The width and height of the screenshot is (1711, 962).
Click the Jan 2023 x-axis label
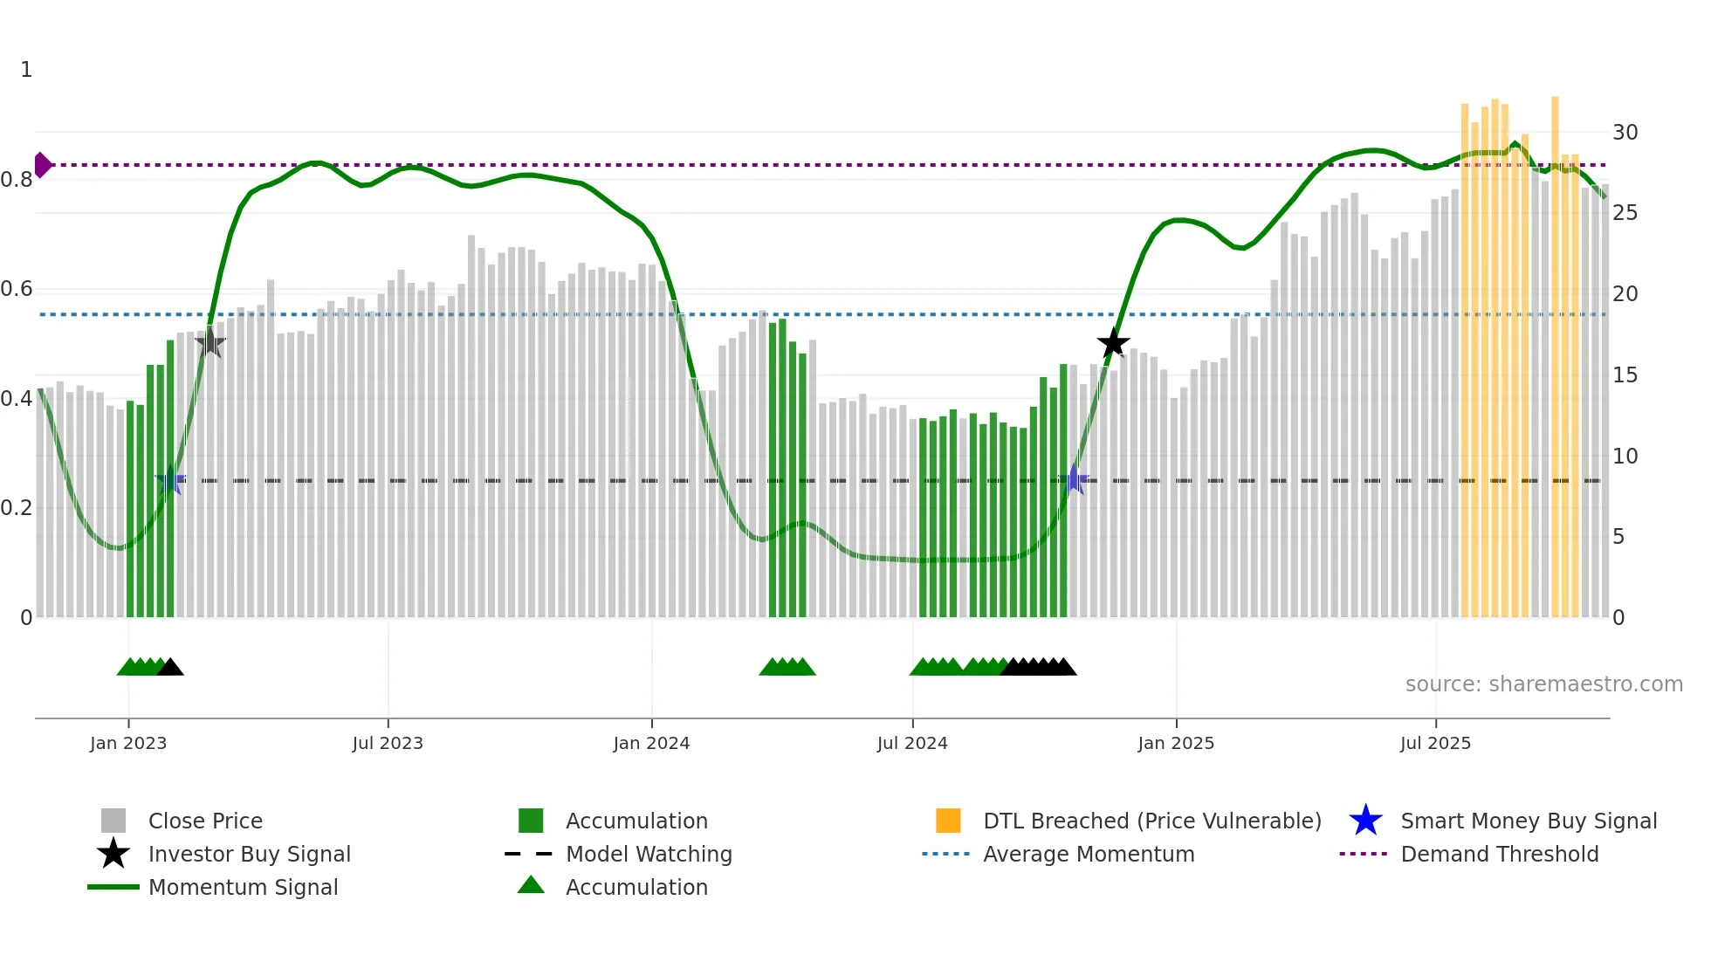click(x=128, y=743)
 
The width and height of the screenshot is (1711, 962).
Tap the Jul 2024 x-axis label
click(x=912, y=743)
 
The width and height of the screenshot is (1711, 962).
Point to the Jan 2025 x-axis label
click(x=1176, y=743)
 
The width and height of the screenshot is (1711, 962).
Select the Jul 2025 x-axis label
click(x=1435, y=743)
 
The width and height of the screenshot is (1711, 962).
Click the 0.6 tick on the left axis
click(x=17, y=289)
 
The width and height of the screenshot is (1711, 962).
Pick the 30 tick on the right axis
click(x=1625, y=133)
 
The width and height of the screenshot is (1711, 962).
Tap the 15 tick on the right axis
click(x=1625, y=375)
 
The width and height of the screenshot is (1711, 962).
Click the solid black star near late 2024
click(x=1113, y=343)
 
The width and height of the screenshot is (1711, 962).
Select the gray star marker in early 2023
click(x=210, y=342)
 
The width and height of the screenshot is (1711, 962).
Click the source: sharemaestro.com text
click(x=1543, y=684)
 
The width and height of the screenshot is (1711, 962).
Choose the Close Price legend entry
click(x=205, y=821)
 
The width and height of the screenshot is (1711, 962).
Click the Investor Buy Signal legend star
click(x=113, y=854)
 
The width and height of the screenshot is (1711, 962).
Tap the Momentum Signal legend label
click(x=243, y=887)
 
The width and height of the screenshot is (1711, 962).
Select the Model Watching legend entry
click(x=649, y=854)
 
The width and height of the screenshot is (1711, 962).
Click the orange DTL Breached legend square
click(x=948, y=821)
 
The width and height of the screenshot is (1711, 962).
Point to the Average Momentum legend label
click(x=1089, y=854)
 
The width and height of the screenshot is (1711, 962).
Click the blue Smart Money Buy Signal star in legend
click(x=1365, y=821)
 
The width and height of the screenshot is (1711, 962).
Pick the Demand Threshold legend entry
click(x=1499, y=854)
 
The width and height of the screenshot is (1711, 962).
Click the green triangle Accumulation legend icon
click(x=531, y=886)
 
